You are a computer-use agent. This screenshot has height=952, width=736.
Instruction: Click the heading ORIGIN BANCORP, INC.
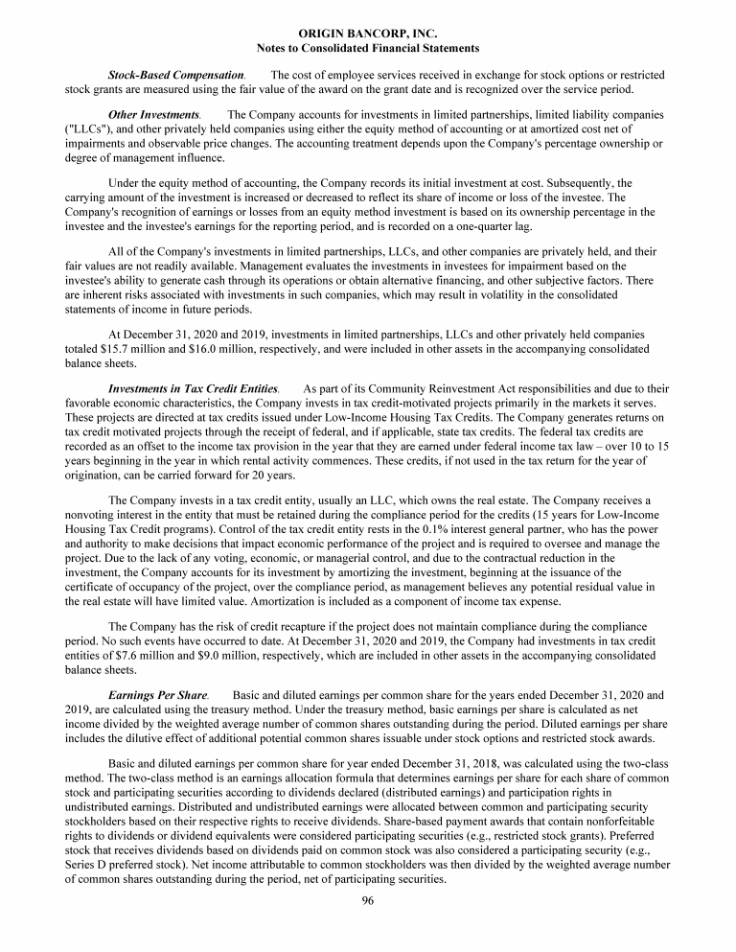pos(369,34)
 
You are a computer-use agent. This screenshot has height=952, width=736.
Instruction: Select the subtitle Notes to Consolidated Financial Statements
pos(369,47)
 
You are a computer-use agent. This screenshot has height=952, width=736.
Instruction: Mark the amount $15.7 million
pos(136,352)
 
